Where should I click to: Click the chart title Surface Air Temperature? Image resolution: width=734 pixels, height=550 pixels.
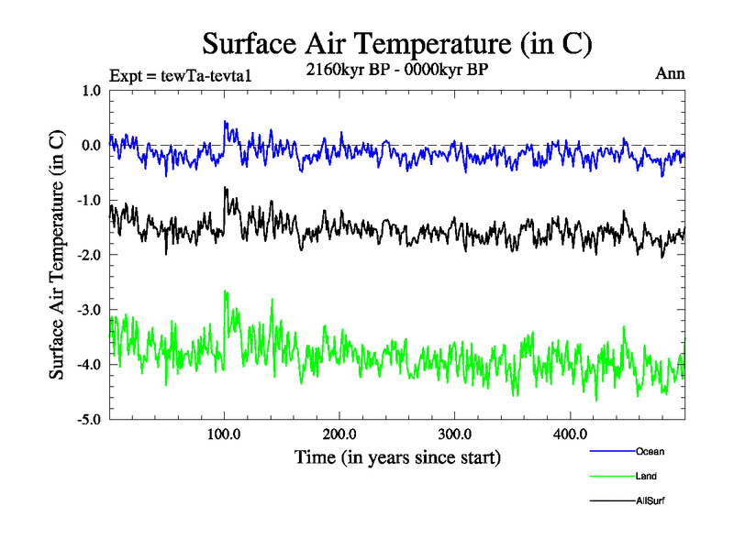click(397, 43)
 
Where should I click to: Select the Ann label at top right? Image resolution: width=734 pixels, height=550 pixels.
click(670, 72)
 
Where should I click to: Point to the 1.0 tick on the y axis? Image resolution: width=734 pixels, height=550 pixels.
click(92, 91)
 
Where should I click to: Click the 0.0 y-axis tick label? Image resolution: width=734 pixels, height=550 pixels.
click(92, 146)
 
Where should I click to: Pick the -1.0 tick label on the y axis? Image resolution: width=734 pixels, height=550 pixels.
click(90, 201)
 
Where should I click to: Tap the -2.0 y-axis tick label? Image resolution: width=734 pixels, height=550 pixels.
click(90, 255)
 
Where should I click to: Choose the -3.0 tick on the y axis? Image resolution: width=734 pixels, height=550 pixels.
click(90, 310)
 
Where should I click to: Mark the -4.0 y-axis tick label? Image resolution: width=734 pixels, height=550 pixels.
click(90, 365)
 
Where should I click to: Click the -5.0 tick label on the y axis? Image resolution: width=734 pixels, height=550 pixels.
click(90, 420)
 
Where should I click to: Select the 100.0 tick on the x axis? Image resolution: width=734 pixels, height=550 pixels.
click(225, 434)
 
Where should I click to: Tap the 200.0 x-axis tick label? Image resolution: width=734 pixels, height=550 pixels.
click(339, 434)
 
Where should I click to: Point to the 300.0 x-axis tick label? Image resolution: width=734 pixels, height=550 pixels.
click(455, 434)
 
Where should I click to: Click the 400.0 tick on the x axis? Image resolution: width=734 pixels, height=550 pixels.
click(570, 434)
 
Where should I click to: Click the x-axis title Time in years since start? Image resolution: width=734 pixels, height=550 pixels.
click(397, 456)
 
